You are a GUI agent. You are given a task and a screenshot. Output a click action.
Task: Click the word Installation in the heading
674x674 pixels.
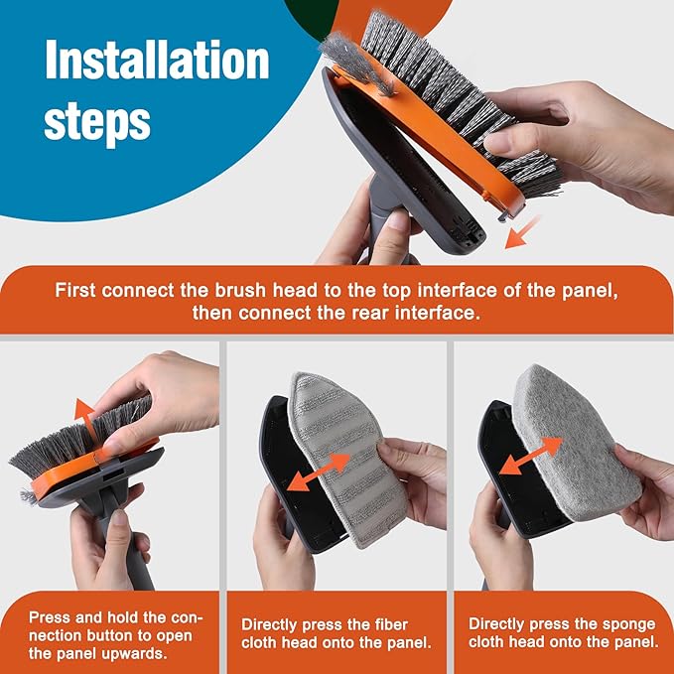pyautogui.click(x=157, y=62)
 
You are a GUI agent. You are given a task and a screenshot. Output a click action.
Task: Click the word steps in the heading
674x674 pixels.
pyautogui.click(x=97, y=120)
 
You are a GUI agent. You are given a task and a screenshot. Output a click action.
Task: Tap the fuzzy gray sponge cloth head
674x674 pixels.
pyautogui.click(x=576, y=437)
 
